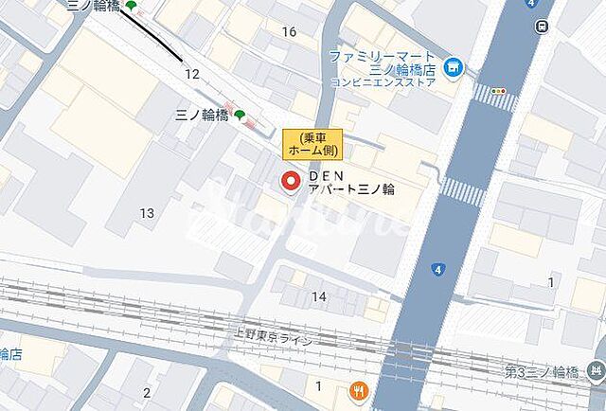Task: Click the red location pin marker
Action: [290, 180]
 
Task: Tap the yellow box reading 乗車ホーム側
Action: [312, 143]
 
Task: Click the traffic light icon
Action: [498, 91]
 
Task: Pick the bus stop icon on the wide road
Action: [541, 26]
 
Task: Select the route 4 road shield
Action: [437, 270]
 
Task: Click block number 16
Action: [289, 32]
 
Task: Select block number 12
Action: [192, 73]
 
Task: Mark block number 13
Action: [147, 213]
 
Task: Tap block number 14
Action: [319, 296]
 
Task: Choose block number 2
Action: [147, 392]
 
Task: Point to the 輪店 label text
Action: [11, 354]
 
